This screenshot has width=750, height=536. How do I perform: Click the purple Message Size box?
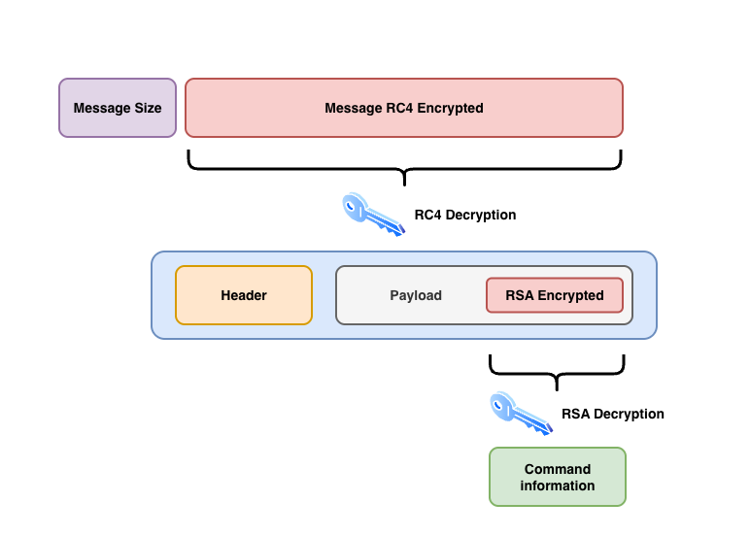(118, 108)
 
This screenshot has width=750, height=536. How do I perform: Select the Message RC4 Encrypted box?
(403, 108)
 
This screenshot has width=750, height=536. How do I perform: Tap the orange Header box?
(244, 295)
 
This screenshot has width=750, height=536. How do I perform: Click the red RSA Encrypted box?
(554, 295)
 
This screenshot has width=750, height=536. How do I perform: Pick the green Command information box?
(557, 477)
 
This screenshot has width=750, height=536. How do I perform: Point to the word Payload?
(416, 295)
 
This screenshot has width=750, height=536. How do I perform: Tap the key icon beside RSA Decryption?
(520, 413)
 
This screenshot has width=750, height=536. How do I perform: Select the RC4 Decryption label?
(464, 215)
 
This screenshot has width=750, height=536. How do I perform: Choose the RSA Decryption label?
(612, 414)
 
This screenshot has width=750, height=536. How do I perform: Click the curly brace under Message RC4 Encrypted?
(404, 166)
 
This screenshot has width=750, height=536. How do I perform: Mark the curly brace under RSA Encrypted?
(556, 370)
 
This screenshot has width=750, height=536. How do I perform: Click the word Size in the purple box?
(146, 108)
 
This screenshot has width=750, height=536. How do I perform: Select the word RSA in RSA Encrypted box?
(520, 295)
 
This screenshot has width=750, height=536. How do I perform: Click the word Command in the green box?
(558, 469)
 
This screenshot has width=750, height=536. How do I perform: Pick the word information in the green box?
(558, 486)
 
